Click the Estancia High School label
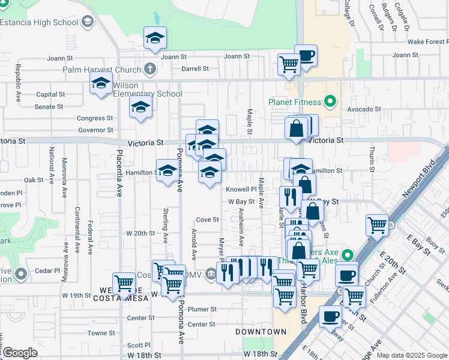[40, 23]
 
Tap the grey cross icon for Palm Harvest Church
[150, 70]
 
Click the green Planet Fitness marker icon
[330, 101]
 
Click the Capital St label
[50, 94]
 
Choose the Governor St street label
[95, 130]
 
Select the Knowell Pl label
[241, 189]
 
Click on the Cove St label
[207, 220]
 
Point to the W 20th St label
[140, 233]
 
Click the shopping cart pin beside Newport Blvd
[377, 226]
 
